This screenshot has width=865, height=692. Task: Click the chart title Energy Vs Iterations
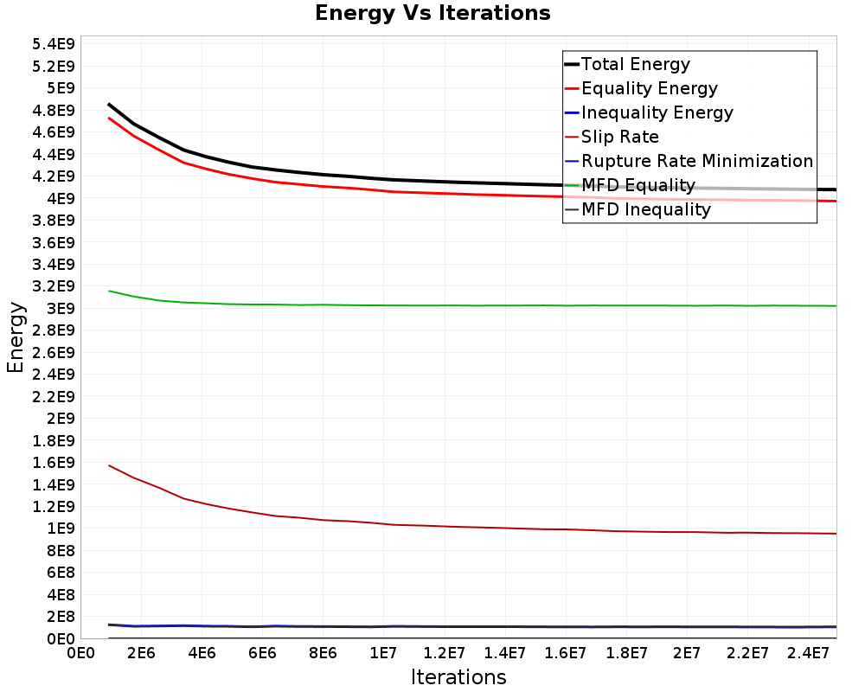[x=432, y=13]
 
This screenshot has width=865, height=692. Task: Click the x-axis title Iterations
[x=458, y=676]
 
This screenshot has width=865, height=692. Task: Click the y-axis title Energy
[x=16, y=337]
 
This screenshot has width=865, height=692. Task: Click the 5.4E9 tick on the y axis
[x=53, y=44]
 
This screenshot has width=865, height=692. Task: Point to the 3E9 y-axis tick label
[x=61, y=309]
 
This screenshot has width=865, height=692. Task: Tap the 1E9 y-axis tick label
[x=61, y=529]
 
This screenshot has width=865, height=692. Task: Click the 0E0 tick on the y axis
[x=61, y=639]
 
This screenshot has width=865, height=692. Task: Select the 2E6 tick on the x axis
[x=141, y=653]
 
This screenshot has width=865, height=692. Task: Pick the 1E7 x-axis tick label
[x=383, y=653]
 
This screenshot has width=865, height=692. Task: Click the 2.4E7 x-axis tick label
[x=808, y=653]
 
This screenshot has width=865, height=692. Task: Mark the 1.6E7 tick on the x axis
[x=566, y=653]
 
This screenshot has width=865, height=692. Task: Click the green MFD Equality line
[x=473, y=305]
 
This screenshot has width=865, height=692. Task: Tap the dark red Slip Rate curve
[x=473, y=528]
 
